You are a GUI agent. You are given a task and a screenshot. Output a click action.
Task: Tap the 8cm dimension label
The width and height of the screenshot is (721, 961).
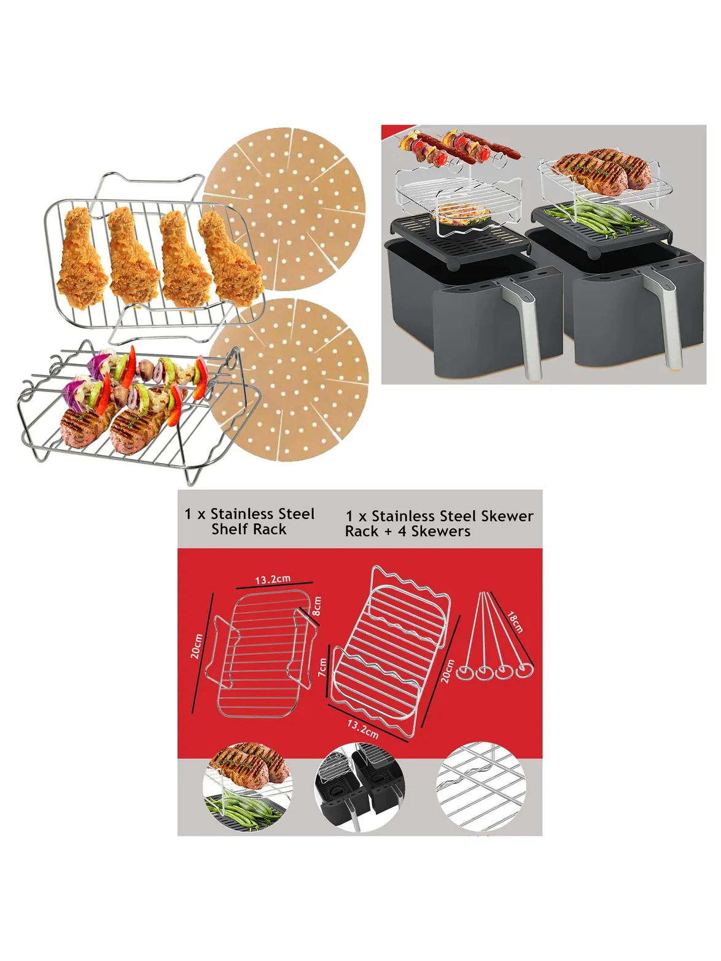[317, 606]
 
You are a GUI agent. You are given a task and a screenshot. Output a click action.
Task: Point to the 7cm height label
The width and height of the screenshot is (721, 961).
[322, 667]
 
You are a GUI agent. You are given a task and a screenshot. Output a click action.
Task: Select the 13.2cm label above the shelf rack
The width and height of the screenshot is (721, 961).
[273, 579]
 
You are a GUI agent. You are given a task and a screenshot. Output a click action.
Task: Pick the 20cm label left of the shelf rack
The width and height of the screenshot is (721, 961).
[197, 646]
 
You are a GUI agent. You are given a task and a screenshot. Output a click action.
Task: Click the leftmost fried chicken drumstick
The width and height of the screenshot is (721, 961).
[82, 258]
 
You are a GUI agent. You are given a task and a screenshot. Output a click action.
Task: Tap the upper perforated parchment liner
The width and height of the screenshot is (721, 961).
[284, 209]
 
